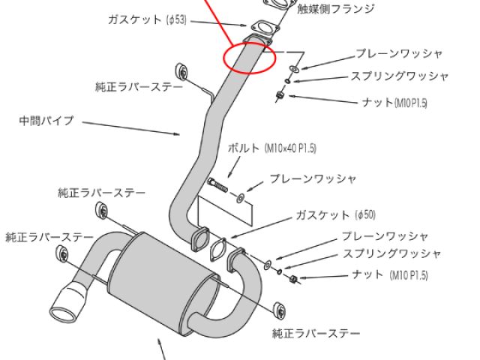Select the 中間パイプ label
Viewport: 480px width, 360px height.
click(46, 120)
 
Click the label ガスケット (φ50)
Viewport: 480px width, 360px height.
click(334, 214)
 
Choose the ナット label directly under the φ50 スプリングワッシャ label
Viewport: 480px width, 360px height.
click(389, 275)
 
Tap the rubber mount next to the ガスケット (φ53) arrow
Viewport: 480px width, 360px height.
click(181, 71)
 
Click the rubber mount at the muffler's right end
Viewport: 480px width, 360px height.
click(279, 310)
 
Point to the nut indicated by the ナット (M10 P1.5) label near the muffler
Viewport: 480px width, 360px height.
click(295, 279)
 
